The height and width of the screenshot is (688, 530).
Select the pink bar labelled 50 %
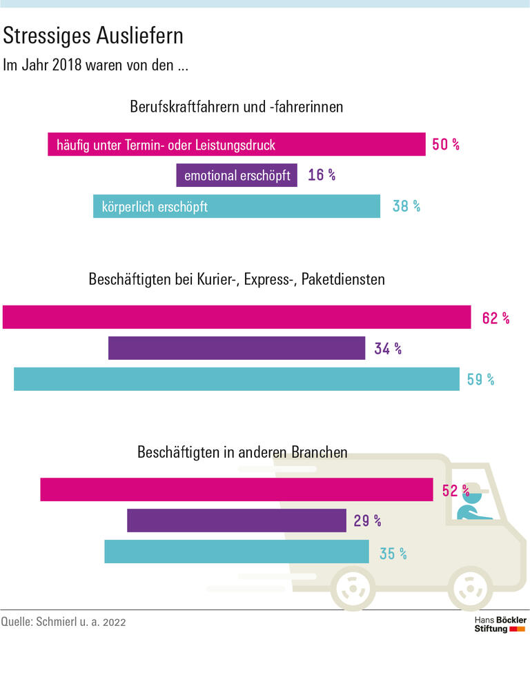(x=236, y=145)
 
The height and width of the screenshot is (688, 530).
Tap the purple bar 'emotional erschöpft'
(x=237, y=175)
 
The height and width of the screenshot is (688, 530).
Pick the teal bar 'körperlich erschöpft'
(x=236, y=206)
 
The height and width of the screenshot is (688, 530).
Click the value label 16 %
(x=322, y=175)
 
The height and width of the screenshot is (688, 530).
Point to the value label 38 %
(x=406, y=206)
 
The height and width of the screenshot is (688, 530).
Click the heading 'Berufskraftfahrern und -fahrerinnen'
(x=236, y=108)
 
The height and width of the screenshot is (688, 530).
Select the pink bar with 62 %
(x=237, y=317)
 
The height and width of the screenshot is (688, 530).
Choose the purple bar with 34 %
(x=236, y=348)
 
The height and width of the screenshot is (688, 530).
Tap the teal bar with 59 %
(x=236, y=379)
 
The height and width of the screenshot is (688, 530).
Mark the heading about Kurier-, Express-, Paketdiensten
(x=236, y=280)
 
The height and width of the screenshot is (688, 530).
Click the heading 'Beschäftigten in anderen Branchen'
(x=242, y=453)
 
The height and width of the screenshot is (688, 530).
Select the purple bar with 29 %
(x=236, y=520)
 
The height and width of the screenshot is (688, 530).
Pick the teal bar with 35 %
(x=236, y=552)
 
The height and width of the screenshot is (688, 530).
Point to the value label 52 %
(x=455, y=491)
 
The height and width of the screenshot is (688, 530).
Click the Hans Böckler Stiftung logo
(x=500, y=625)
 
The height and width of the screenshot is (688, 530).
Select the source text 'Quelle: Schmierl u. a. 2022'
(x=63, y=622)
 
